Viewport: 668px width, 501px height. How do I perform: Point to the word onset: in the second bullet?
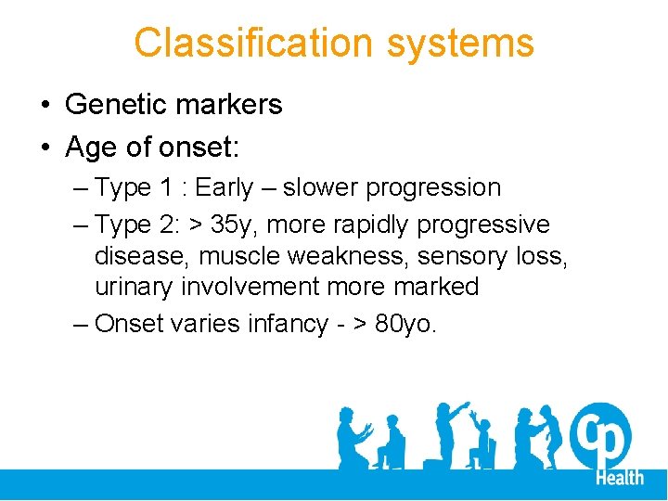198,147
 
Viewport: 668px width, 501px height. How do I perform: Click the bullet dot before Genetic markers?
45,106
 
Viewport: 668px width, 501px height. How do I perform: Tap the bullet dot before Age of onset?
45,148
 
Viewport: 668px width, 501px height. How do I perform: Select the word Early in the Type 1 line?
224,187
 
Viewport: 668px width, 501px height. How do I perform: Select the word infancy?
283,324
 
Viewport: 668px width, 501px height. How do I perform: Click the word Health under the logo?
619,478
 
